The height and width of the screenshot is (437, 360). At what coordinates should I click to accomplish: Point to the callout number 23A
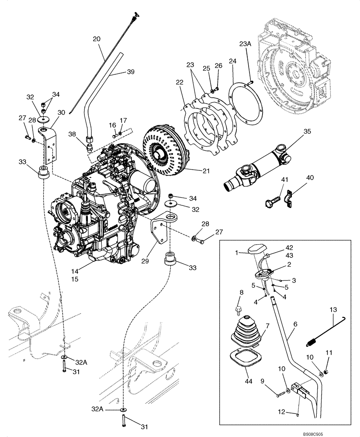(246, 44)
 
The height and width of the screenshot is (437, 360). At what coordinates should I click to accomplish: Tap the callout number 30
(61, 112)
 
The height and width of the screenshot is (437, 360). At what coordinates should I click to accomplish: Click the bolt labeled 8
(239, 309)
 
